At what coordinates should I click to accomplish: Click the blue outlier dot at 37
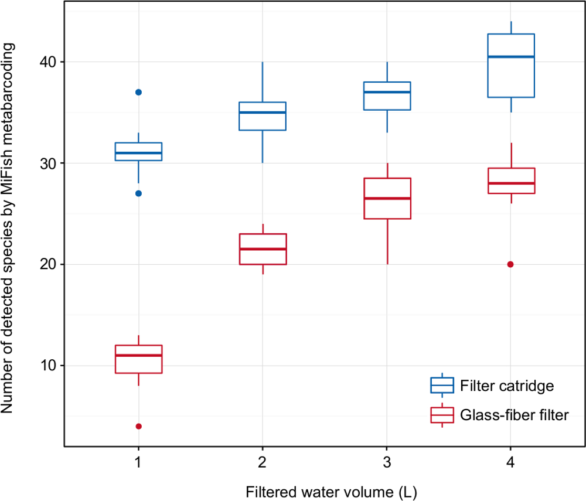click(138, 92)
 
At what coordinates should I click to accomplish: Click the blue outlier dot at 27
click(138, 193)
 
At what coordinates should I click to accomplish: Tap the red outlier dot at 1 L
click(138, 426)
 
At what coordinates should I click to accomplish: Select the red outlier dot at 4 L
click(510, 264)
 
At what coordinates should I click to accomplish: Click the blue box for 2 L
click(262, 116)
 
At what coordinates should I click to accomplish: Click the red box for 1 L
click(138, 359)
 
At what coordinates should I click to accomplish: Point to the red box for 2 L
click(262, 249)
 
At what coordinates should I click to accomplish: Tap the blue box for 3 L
click(387, 96)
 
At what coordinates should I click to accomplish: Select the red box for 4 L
click(510, 180)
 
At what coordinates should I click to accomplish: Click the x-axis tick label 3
click(387, 462)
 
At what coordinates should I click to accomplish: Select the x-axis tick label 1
click(138, 462)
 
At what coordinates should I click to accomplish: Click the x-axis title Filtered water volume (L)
click(324, 490)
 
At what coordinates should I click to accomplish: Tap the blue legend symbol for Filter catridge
click(442, 385)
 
